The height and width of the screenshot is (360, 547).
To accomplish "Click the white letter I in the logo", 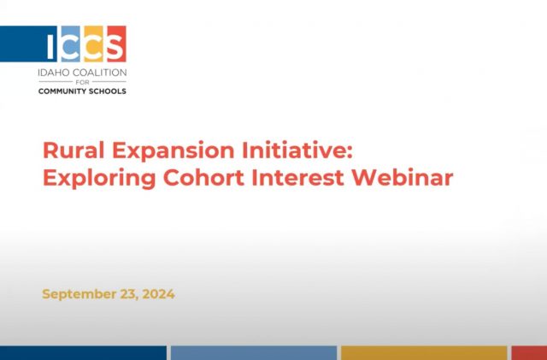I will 55,44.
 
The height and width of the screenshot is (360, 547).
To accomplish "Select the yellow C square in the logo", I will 94,44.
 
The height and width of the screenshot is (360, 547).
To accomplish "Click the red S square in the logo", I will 115,44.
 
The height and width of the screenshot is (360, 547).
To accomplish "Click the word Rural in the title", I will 69,152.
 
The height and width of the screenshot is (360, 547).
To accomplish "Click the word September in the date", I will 80,294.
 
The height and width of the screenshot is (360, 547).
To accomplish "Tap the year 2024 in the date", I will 158,294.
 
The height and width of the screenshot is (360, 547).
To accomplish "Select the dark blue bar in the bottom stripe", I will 83,353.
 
